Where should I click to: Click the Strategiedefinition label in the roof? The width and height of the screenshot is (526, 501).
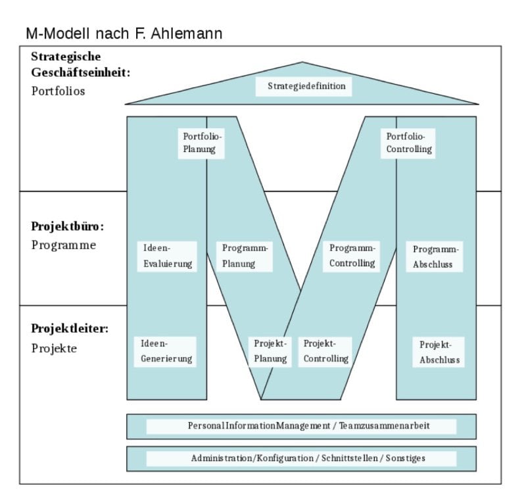coord(306,86)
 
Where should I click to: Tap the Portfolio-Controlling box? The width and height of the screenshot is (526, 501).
coord(409,143)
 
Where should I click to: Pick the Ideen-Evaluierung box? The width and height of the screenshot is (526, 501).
coord(168,256)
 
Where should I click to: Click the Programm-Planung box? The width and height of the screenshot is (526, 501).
coord(245,256)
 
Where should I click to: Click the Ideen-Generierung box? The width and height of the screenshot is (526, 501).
coord(166,352)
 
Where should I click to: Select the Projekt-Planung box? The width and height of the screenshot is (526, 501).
coord(270,352)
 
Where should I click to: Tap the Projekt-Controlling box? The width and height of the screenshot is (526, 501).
coord(325,352)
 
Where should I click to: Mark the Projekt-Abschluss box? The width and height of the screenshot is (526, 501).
coord(439,352)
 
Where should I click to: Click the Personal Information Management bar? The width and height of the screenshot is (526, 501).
coord(301,426)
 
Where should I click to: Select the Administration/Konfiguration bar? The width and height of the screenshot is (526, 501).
coord(301,458)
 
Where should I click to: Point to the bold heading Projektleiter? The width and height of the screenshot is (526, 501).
coord(70,328)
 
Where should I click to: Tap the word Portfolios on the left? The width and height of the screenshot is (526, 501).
coord(59,91)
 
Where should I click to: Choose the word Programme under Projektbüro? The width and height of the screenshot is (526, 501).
coord(64,245)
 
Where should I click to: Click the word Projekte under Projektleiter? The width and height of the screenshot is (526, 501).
coord(54,348)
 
